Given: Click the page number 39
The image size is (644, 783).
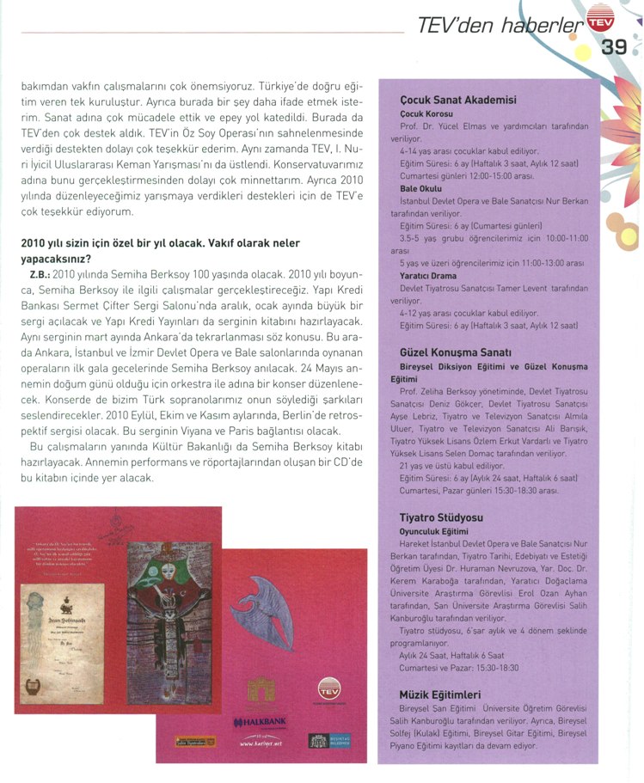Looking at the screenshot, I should [613, 47].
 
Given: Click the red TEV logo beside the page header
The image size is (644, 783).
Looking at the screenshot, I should [599, 20].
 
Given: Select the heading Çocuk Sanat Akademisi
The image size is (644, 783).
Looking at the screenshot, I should [458, 100].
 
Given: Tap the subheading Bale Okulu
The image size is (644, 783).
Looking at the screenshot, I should [421, 187].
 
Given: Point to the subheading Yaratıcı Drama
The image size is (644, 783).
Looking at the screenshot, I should [428, 274].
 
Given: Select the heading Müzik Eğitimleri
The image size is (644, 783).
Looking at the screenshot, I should [440, 694].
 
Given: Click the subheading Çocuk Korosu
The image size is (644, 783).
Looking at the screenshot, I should [426, 113].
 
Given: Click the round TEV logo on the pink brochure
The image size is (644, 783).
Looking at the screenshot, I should [328, 688].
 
